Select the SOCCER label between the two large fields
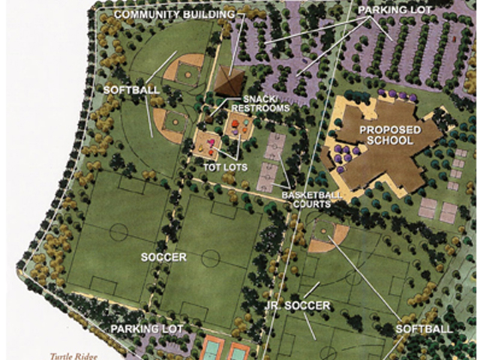[163, 257]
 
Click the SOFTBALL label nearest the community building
[131, 90]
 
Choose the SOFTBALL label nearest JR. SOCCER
[424, 329]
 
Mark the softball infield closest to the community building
[182, 70]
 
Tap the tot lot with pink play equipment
[207, 142]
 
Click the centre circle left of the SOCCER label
[118, 232]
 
